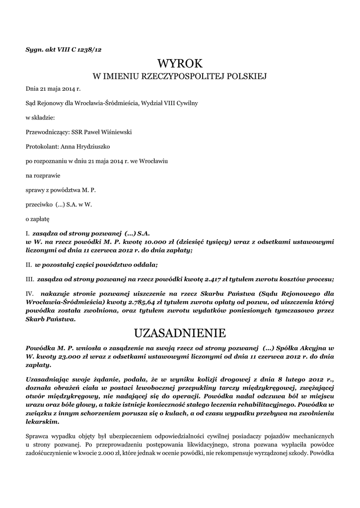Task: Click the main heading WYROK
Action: (x=180, y=63)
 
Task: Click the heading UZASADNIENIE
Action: (x=180, y=332)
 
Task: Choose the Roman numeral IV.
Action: (x=30, y=293)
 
